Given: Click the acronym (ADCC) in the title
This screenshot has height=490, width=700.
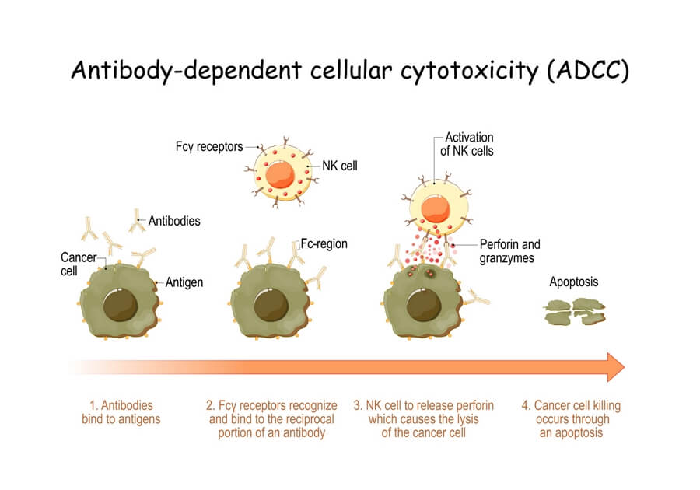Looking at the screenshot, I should pos(588,71).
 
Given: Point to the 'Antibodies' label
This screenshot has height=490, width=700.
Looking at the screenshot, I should pos(174,221).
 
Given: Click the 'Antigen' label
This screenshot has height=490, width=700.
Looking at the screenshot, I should pos(184,282).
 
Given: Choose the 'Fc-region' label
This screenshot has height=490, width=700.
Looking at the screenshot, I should pos(324,244).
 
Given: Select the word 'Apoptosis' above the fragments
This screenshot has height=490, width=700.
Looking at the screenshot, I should pos(574,282).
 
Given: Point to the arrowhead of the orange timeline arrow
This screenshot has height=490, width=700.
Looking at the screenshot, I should pos(615,366).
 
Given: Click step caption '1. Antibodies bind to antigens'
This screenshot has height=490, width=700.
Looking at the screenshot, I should pos(121,412).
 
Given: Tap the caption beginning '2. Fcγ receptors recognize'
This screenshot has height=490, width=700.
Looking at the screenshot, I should pos(271,419).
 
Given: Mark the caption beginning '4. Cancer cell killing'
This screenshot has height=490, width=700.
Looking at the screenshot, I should pos(571,419).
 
